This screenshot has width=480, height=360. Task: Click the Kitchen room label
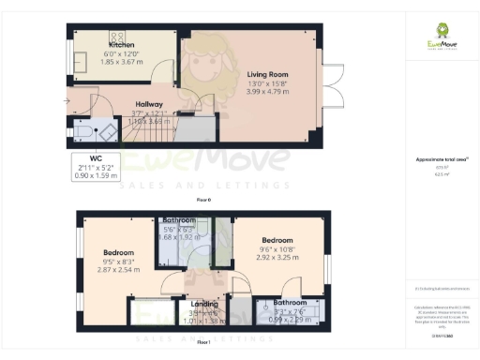[122, 45]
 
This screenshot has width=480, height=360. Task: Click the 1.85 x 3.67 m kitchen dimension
[122, 61]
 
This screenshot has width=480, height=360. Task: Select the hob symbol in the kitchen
[122, 35]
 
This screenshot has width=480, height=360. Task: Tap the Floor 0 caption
[203, 201]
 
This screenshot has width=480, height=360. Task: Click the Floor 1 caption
[203, 343]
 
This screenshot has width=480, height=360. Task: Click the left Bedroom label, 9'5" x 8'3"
[119, 253]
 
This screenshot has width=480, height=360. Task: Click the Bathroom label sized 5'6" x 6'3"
[178, 220]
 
